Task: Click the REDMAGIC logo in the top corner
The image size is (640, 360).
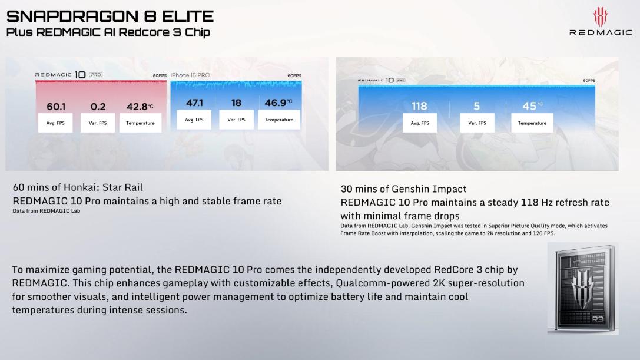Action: [x=601, y=22]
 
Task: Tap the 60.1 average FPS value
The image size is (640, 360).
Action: [x=56, y=107]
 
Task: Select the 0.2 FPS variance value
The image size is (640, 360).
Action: [x=98, y=107]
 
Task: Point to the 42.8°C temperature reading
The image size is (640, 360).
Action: [x=140, y=107]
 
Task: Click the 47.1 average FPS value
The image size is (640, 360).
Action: [x=194, y=103]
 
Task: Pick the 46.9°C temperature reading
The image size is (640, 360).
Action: [x=278, y=103]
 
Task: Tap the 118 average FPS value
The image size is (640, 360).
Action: [x=419, y=106]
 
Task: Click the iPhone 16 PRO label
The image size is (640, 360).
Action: [x=190, y=75]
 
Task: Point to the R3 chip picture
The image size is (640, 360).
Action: [x=583, y=289]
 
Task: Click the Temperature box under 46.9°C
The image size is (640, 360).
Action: [x=278, y=120]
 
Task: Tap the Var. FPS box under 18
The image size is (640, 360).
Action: [x=236, y=120]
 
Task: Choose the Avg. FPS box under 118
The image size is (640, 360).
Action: [x=420, y=123]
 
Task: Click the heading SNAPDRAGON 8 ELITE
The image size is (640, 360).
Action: [x=110, y=16]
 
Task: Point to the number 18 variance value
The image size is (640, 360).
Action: [x=236, y=103]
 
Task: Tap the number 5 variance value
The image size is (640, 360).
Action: [x=477, y=106]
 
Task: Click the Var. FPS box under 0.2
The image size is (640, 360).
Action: [x=98, y=123]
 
